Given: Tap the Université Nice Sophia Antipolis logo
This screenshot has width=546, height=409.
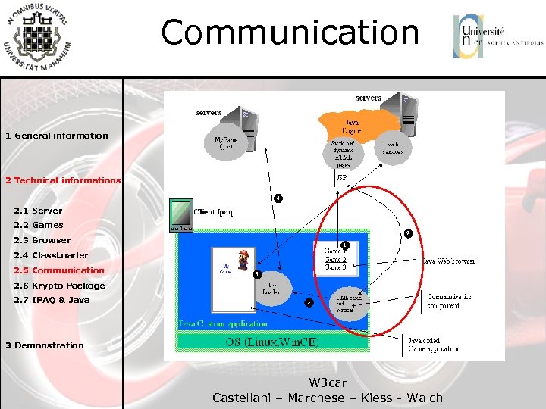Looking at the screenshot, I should tap(497, 36).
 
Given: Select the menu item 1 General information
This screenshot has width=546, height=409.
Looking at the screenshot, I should tap(57, 136).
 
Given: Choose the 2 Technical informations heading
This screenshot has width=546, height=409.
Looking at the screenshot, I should tap(63, 180).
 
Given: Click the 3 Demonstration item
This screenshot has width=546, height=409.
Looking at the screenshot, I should tap(45, 345).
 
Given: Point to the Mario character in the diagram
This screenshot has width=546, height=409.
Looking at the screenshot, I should tap(243, 260).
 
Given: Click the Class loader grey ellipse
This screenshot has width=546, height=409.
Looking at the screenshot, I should tap(271, 289).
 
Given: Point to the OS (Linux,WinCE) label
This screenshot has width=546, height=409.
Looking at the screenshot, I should tap(272, 342).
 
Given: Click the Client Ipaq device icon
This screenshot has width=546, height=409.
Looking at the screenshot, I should tap(181, 215).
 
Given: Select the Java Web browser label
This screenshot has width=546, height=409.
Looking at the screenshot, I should tap(447, 261).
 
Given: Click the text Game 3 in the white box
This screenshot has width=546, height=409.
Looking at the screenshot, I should tap(335, 267).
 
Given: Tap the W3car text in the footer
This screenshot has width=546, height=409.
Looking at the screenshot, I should tap(327, 383).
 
